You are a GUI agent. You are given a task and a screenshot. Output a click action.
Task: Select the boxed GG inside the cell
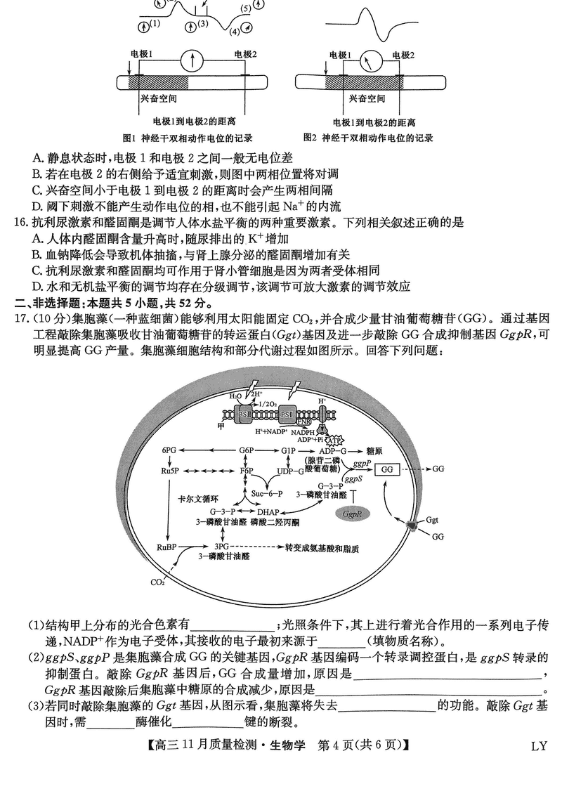[387, 469]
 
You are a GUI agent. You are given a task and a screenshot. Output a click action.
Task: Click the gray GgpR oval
[352, 515]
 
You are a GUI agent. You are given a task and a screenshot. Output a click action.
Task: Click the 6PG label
[168, 450]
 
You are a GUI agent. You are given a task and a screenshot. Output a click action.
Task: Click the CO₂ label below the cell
[157, 582]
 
